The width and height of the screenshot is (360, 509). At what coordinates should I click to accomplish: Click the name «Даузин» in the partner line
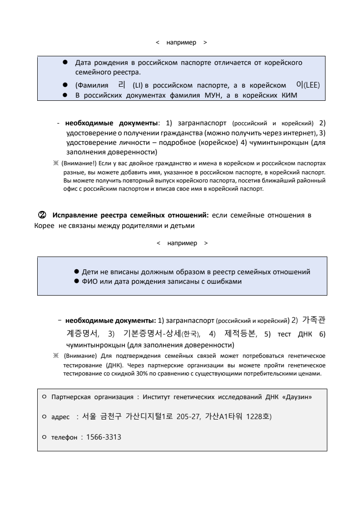(x=297, y=396)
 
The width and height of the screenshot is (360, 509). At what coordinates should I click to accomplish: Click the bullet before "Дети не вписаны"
(x=77, y=272)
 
